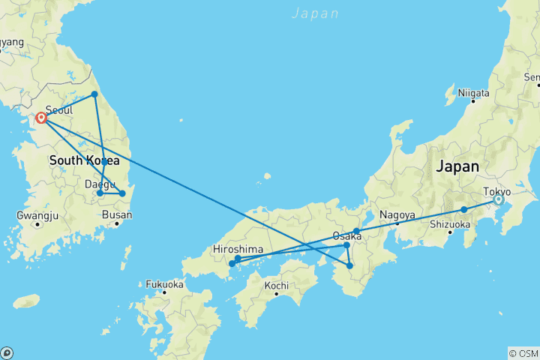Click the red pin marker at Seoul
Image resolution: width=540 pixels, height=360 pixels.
click(41, 118)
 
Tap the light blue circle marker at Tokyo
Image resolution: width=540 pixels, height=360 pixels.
click(498, 199)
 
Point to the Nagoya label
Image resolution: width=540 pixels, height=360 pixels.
click(397, 215)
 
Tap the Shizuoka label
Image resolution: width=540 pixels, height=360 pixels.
click(449, 224)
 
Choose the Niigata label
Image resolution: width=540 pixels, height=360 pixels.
click(474, 93)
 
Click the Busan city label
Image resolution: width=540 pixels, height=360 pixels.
click(118, 215)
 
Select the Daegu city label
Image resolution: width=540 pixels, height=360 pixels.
click(100, 183)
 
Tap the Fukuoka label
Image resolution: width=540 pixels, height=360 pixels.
click(164, 284)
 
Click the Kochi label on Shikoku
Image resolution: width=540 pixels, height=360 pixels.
click(277, 286)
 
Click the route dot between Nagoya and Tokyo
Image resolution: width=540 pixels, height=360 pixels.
click(464, 209)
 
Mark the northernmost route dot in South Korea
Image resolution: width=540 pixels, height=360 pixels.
click(94, 94)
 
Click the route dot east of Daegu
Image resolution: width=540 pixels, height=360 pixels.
click(122, 193)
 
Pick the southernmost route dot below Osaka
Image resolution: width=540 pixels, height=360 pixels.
click(349, 265)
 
